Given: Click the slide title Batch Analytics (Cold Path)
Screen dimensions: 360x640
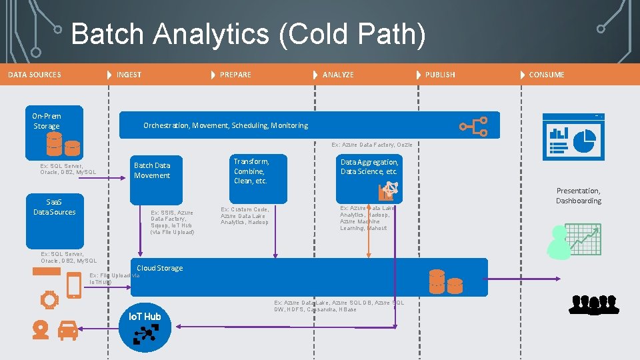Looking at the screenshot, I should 247,35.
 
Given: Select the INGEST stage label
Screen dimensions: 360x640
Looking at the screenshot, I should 129,75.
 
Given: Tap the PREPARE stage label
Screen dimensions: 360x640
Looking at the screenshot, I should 235,75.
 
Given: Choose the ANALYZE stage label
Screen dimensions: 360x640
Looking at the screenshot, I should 338,75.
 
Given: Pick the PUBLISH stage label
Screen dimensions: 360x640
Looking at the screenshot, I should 440,75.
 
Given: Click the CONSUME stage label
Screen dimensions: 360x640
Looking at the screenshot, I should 546,75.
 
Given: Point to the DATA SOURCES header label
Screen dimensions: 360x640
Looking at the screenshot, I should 35,75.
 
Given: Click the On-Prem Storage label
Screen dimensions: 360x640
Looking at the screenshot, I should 47,121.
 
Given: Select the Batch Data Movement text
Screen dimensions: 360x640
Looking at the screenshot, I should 152,170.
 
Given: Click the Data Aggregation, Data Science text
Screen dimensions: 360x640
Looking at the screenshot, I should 369,167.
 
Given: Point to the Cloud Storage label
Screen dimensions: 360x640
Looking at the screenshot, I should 159,268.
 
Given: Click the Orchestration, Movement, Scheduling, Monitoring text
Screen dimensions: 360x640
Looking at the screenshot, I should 225,125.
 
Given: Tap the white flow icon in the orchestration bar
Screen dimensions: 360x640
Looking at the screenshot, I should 474,126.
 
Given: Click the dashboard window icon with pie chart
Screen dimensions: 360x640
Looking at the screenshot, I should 573,137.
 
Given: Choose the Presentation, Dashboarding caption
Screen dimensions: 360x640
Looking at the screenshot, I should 578,195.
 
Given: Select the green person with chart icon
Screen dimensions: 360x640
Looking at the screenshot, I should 573,241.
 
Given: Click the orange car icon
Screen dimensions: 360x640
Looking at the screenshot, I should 67,329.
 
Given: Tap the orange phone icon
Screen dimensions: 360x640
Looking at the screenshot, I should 74,286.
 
